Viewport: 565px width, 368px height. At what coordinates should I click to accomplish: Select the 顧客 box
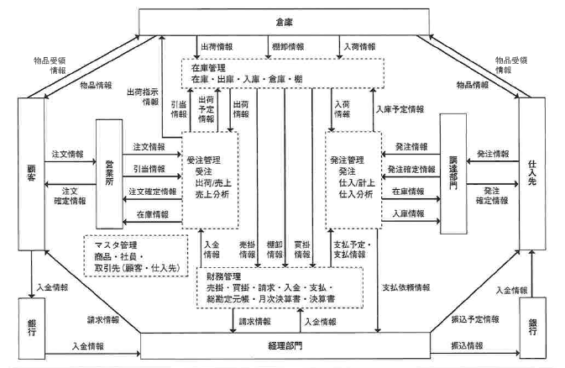(x=29, y=177)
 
